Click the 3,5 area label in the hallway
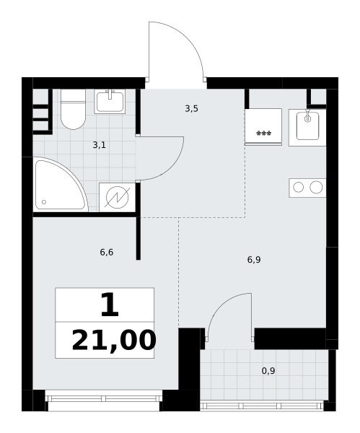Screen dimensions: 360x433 pyautogui.click(x=192, y=109)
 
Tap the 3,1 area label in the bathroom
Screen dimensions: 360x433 pyautogui.click(x=99, y=145)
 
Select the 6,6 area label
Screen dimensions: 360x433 pyautogui.click(x=107, y=252)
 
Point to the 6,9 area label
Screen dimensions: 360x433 pyautogui.click(x=254, y=260)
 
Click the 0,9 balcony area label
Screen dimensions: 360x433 pyautogui.click(x=268, y=371)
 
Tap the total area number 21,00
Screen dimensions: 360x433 pyautogui.click(x=114, y=341)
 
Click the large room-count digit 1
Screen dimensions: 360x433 pyautogui.click(x=110, y=305)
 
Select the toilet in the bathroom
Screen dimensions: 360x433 pyautogui.click(x=73, y=109)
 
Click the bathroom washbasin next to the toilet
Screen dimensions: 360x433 pyautogui.click(x=110, y=101)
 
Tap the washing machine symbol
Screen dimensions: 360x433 pyautogui.click(x=118, y=197)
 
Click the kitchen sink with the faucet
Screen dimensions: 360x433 pyautogui.click(x=307, y=127)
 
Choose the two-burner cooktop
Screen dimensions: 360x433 pyautogui.click(x=307, y=188)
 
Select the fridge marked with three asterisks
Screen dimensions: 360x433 pyautogui.click(x=263, y=127)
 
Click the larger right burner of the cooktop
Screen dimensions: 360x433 pyautogui.click(x=316, y=187)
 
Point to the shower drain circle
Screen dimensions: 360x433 pyautogui.click(x=44, y=202)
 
